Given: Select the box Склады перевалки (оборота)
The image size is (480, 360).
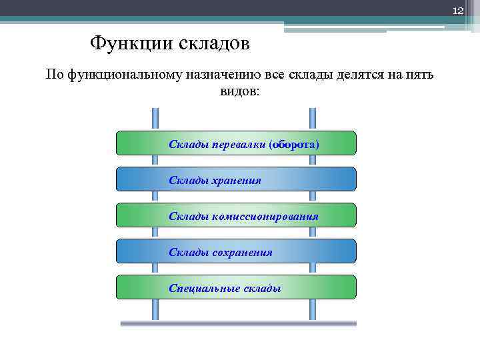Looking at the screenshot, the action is point(236,143).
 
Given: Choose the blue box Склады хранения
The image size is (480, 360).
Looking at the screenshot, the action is point(236,179).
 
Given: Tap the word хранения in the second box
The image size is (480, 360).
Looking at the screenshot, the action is point(237,180).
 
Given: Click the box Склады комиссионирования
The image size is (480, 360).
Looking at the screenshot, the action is point(236,215).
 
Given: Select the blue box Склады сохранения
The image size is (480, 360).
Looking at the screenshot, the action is point(236,251).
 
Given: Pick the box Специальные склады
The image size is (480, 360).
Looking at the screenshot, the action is point(236,287).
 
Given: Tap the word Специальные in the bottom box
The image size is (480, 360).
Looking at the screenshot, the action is point(201,288).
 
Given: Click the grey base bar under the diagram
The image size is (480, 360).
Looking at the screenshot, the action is point(238,324).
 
